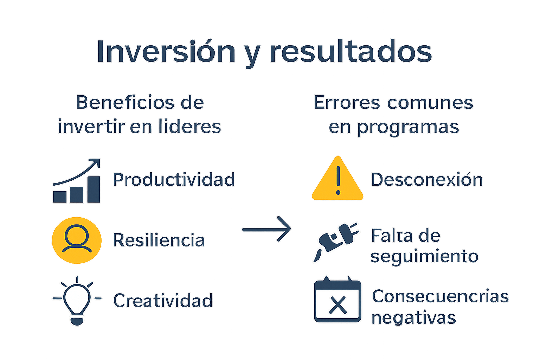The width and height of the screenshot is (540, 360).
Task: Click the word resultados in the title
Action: tap(351, 52)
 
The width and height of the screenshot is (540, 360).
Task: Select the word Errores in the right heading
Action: tap(347, 103)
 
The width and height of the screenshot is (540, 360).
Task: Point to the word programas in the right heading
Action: tap(408, 127)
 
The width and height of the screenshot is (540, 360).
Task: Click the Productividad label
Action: tap(174, 180)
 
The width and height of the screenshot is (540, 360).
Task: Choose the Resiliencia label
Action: tap(159, 240)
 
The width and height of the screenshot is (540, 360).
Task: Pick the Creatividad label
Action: tap(163, 301)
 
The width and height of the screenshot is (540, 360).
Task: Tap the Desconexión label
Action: tap(427, 180)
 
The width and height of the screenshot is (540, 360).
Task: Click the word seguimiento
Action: tap(424, 256)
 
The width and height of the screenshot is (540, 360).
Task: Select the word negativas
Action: tap(414, 318)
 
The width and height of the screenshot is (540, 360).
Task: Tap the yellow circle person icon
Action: tap(77, 240)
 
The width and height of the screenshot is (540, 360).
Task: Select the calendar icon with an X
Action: tap(337, 301)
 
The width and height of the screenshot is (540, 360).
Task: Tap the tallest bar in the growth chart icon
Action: tap(94, 189)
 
